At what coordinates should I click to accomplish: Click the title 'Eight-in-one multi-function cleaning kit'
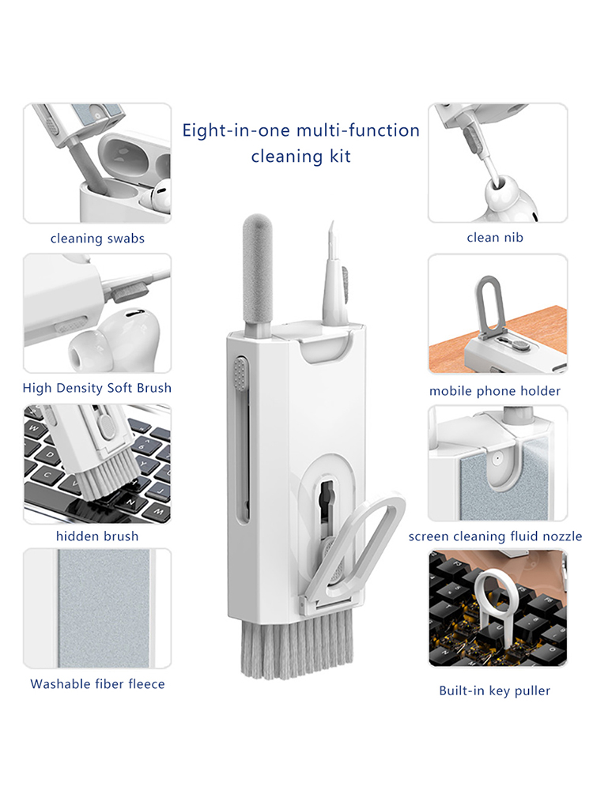[x=301, y=143]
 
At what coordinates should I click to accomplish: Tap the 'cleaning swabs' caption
[x=97, y=239]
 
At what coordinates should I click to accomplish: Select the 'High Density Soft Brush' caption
[x=96, y=388]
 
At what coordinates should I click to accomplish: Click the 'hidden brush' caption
[x=97, y=536]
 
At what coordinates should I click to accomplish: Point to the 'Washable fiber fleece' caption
[x=97, y=683]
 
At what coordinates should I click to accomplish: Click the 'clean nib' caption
[x=495, y=237]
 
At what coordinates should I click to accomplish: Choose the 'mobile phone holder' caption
[x=495, y=391]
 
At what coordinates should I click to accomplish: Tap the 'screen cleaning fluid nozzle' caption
[x=495, y=536]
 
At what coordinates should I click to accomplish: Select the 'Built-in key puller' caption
[x=495, y=690]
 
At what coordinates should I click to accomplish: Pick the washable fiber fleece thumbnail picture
[x=97, y=608]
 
